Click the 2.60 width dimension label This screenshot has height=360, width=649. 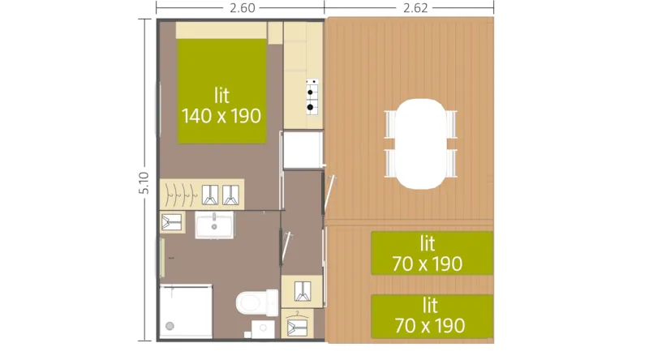tap(241, 8)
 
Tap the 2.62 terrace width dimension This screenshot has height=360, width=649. tap(410, 8)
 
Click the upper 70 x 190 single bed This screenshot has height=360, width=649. tap(432, 253)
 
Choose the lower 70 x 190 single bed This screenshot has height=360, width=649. tap(432, 315)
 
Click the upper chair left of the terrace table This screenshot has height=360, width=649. tap(389, 125)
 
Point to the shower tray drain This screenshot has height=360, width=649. tap(169, 326)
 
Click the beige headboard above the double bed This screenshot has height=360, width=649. tap(221, 30)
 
